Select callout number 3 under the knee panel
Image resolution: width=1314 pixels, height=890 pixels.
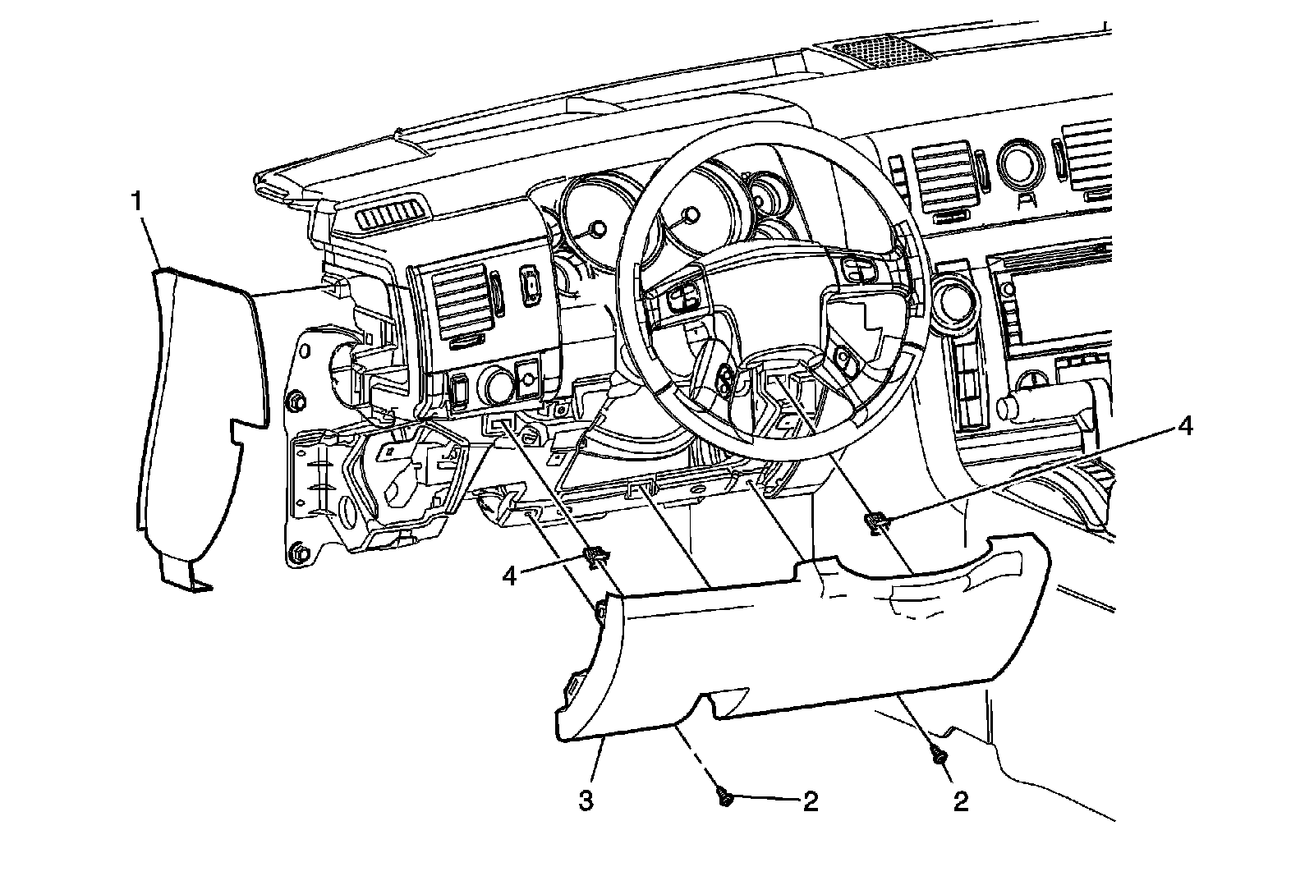(586, 801)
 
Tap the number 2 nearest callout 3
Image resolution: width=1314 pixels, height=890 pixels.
(810, 801)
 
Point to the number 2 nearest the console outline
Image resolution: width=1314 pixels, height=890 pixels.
(960, 801)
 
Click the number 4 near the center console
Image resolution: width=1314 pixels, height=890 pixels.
(1184, 426)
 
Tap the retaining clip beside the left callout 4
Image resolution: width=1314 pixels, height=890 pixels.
(595, 558)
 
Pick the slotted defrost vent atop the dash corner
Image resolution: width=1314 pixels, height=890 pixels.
(393, 215)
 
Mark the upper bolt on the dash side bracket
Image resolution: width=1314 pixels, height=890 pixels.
(296, 403)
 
